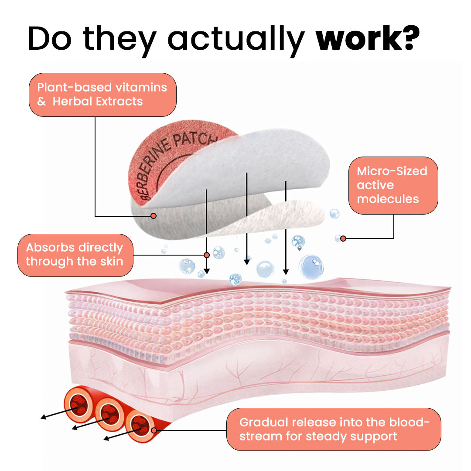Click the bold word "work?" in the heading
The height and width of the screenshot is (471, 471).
pyautogui.click(x=367, y=38)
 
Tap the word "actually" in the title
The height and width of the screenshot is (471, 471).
pyautogui.click(x=236, y=41)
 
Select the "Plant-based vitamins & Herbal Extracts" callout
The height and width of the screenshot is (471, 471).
pyautogui.click(x=102, y=95)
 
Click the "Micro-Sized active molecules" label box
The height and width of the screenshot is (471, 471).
pyautogui.click(x=393, y=185)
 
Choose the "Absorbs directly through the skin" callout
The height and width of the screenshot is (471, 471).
pyautogui.click(x=75, y=255)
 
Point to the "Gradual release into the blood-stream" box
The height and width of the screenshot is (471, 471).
pyautogui.click(x=334, y=429)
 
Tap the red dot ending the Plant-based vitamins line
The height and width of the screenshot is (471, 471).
pyautogui.click(x=154, y=216)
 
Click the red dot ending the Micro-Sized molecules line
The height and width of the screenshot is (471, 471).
pyautogui.click(x=343, y=239)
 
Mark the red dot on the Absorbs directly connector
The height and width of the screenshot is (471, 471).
pyautogui.click(x=207, y=255)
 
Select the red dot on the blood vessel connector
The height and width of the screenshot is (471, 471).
pyautogui.click(x=154, y=430)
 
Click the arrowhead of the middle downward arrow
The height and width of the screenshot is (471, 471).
pyautogui.click(x=246, y=262)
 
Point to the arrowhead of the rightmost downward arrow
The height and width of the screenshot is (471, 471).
pyautogui.click(x=286, y=272)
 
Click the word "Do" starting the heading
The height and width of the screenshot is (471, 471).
pyautogui.click(x=50, y=38)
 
